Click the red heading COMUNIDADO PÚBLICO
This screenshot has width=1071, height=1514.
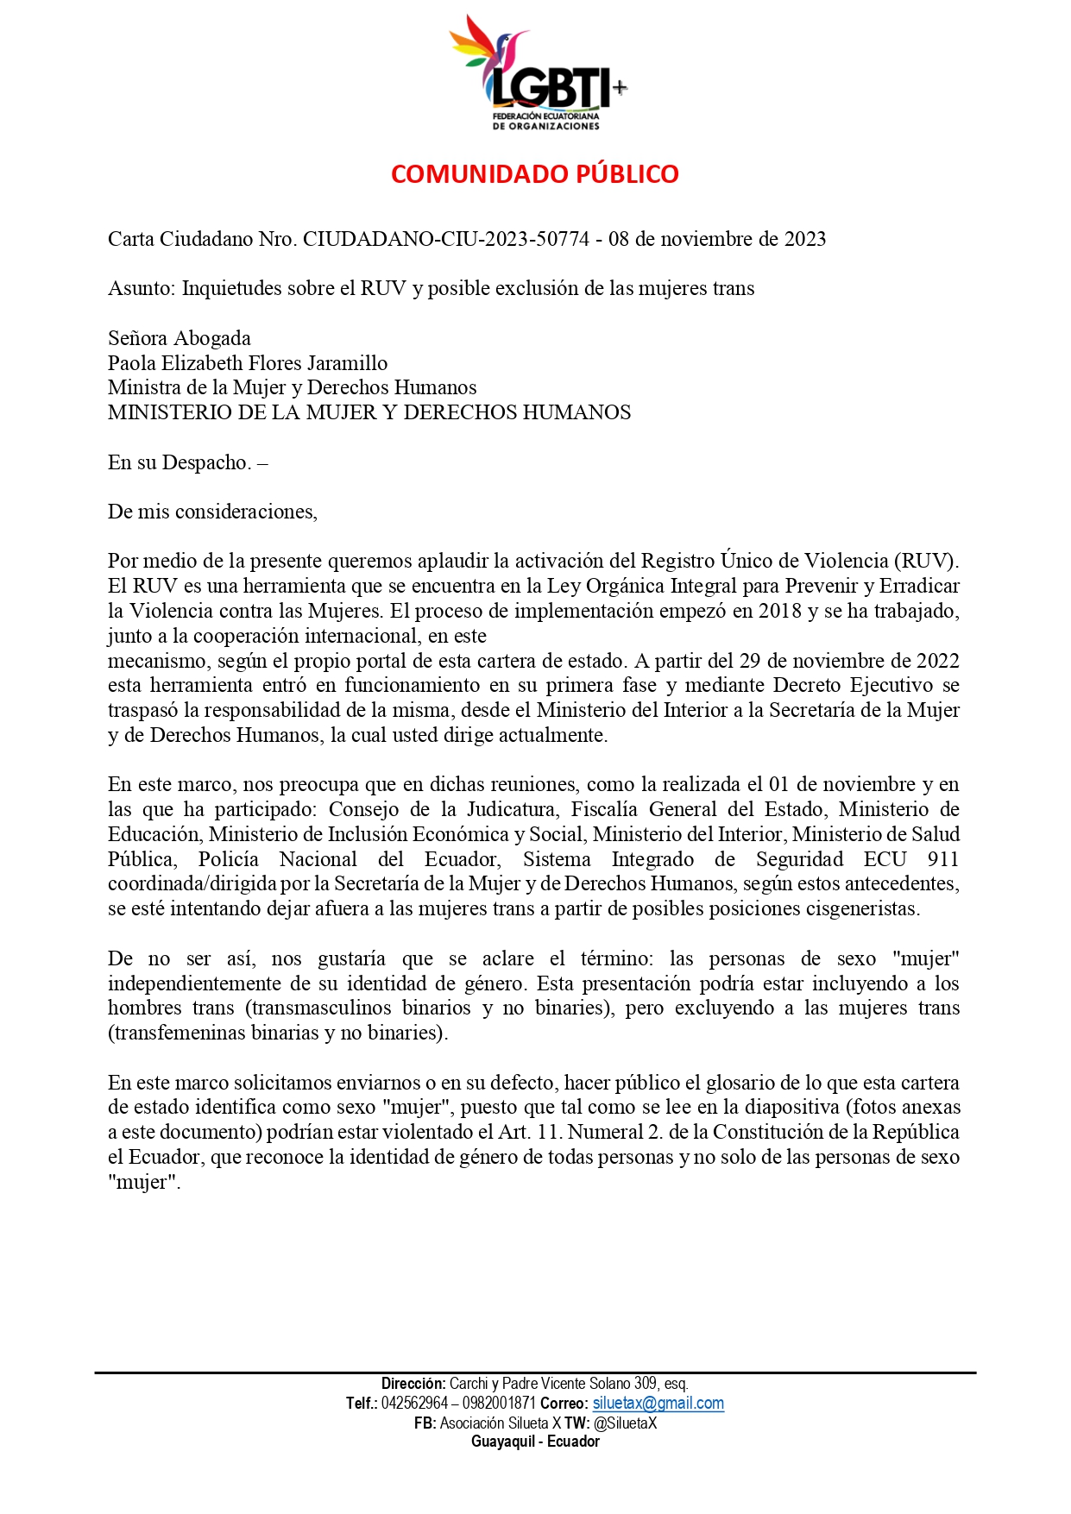point(534,174)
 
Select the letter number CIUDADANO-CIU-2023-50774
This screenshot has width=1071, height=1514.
point(446,239)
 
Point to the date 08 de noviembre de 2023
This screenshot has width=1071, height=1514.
point(717,239)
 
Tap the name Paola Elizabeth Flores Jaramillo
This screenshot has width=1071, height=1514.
point(248,363)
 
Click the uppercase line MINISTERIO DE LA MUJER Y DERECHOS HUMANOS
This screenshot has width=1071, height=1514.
point(369,413)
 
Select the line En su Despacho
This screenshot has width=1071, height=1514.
point(187,462)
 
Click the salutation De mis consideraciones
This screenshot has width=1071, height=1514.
point(212,512)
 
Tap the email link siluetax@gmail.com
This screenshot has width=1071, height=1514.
point(658,1404)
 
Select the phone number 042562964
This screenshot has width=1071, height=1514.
point(414,1404)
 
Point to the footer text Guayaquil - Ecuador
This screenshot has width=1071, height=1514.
point(535,1442)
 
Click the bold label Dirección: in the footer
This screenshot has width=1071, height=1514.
point(413,1384)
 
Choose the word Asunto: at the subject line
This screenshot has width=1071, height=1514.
point(142,288)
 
